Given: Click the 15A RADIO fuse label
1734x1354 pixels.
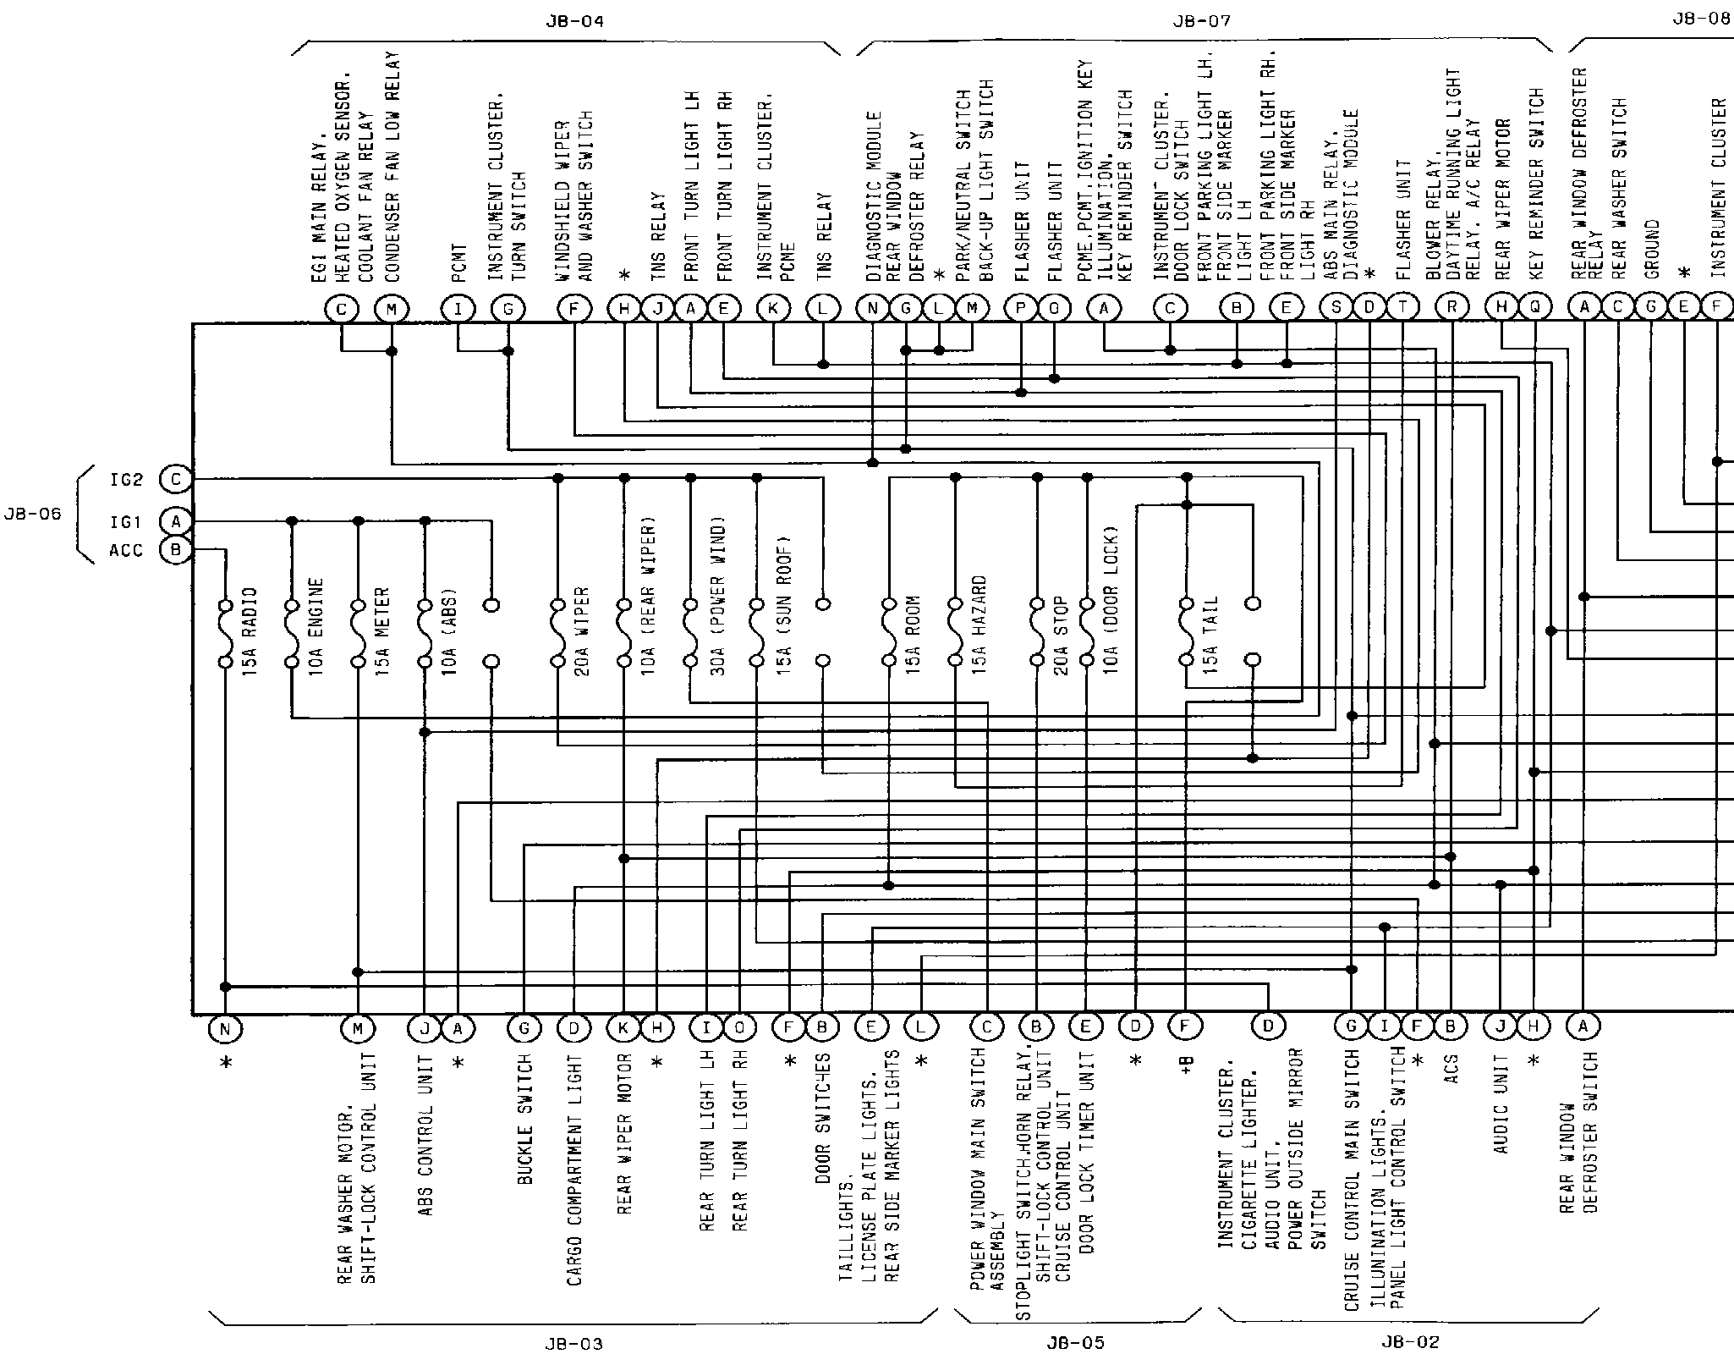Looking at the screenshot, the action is point(250,630).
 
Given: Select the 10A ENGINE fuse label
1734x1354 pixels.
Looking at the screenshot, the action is point(316,630).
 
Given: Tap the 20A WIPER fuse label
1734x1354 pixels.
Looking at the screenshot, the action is point(582,631).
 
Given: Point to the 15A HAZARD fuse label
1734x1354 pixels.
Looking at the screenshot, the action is point(979,630).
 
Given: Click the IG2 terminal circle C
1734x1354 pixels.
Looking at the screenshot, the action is point(176,479).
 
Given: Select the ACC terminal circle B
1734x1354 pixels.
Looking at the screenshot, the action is point(176,550).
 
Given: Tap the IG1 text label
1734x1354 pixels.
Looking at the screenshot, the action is point(125,522).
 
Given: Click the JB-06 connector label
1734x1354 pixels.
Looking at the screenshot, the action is point(32,514).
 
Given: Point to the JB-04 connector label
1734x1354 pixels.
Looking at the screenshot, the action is point(574,21).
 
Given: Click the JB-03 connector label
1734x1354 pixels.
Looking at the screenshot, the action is point(574,1344).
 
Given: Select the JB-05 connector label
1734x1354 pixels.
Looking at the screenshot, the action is point(1075,1343).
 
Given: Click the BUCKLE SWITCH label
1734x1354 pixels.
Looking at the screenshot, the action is point(524,1119).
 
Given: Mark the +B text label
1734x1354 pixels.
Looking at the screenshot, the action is point(1186,1069).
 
